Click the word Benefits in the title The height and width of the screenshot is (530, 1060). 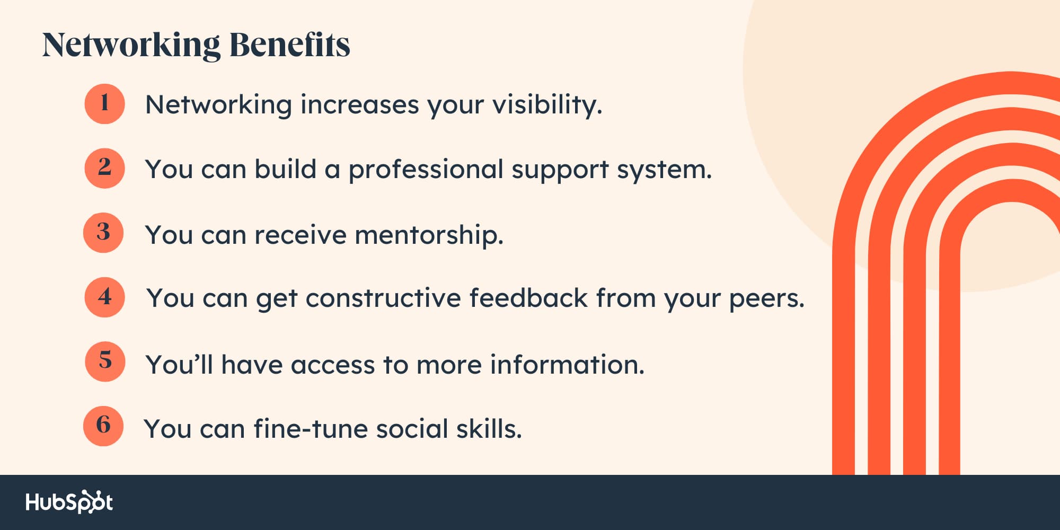click(290, 45)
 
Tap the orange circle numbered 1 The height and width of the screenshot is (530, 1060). click(105, 104)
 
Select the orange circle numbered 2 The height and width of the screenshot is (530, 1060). click(105, 169)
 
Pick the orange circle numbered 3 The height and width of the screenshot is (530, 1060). click(103, 233)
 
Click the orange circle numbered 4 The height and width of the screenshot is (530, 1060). click(105, 297)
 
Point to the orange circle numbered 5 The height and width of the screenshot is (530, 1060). click(105, 361)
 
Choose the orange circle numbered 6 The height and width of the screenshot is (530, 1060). click(103, 426)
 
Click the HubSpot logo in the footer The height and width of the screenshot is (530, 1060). click(69, 502)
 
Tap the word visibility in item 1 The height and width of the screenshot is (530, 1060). click(547, 105)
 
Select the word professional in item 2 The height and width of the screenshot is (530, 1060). click(426, 170)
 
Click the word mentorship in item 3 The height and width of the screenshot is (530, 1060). click(429, 235)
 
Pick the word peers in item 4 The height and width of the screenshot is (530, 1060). click(767, 299)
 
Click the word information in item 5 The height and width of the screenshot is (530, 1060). click(568, 365)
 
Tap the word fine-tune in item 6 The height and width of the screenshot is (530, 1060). click(311, 429)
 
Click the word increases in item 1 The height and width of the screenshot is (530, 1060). click(360, 105)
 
